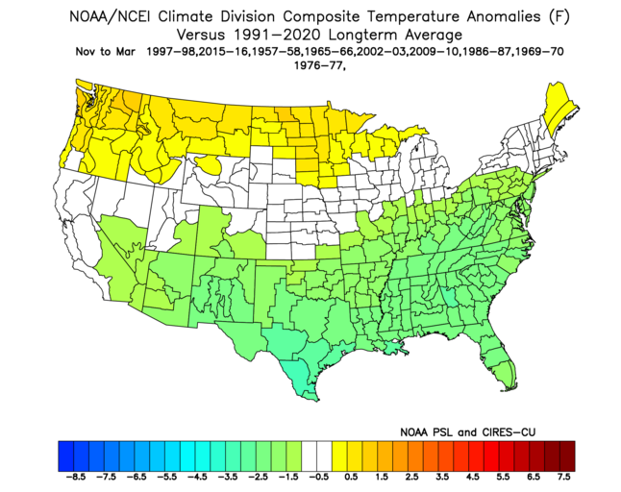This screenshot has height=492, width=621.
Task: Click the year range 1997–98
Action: [x=174, y=52]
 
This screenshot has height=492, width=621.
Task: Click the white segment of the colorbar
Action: [x=314, y=452]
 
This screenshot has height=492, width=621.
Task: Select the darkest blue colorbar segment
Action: [x=64, y=452]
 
